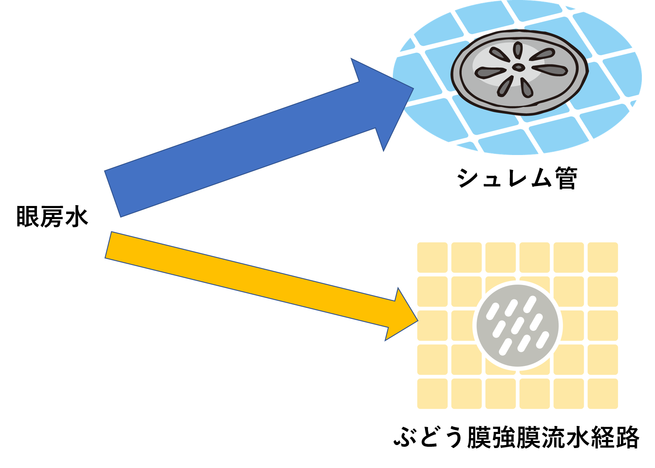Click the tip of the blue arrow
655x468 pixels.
pos(413,89)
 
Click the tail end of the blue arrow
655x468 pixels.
pos(112,194)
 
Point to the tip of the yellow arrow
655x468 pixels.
pos(418,319)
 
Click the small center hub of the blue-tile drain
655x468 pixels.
pos(518,67)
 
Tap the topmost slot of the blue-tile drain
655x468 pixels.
pos(517,50)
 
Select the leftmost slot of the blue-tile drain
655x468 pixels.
pos(490,73)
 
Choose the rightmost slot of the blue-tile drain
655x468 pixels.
pos(550,70)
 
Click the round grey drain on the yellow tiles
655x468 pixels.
pos(518,326)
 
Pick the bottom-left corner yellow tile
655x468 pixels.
pos(432,394)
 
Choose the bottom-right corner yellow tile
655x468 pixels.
pos(603,394)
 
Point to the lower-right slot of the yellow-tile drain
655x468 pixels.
pos(543,340)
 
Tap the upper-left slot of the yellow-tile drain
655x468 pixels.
pos(492,311)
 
